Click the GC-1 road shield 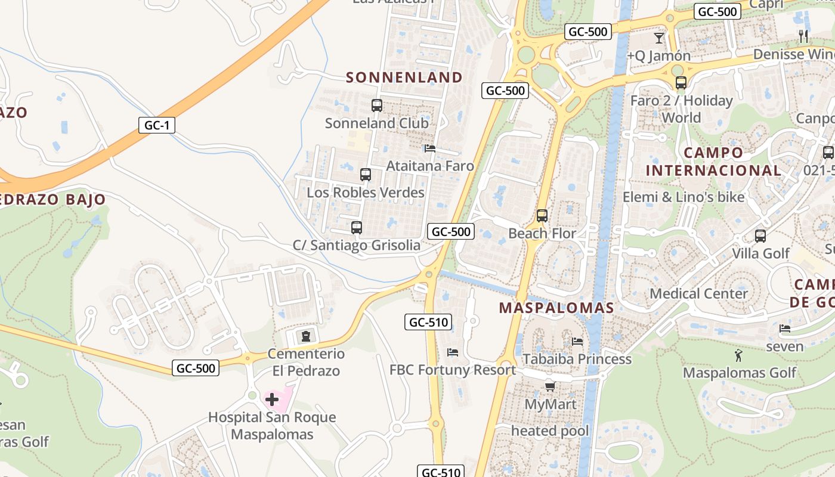[156, 125]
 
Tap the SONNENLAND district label [404, 78]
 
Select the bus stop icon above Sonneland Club [376, 106]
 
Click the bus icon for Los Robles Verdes [365, 175]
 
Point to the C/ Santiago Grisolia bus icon [356, 227]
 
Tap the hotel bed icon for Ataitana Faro [429, 148]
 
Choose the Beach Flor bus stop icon [542, 216]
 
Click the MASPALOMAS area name [556, 308]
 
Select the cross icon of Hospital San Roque [272, 399]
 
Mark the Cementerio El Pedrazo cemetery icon [305, 336]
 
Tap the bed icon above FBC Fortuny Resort [452, 352]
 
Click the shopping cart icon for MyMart [550, 387]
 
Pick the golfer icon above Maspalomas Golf [738, 356]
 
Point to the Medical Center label [698, 293]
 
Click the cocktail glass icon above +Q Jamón [658, 38]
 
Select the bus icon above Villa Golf [760, 236]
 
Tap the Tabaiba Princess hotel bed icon [577, 342]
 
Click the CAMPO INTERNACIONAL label [713, 161]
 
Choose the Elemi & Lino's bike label [684, 197]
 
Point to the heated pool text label [550, 430]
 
